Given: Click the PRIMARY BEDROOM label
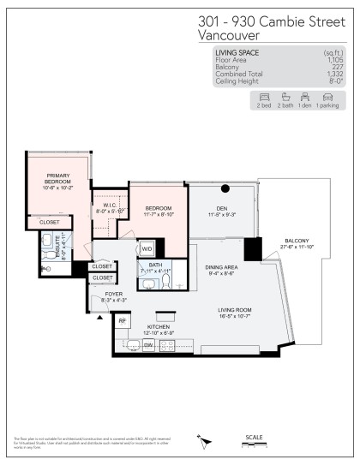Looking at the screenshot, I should tap(59, 178).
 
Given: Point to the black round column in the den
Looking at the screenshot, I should tap(225, 188).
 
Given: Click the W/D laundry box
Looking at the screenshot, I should tap(147, 249).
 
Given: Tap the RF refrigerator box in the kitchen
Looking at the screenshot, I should tap(122, 320).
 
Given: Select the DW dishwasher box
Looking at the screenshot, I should tap(148, 344).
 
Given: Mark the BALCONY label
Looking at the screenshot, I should tap(297, 241).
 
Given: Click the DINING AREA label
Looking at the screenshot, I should tap(221, 267).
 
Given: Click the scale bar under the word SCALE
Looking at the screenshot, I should tap(255, 445).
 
